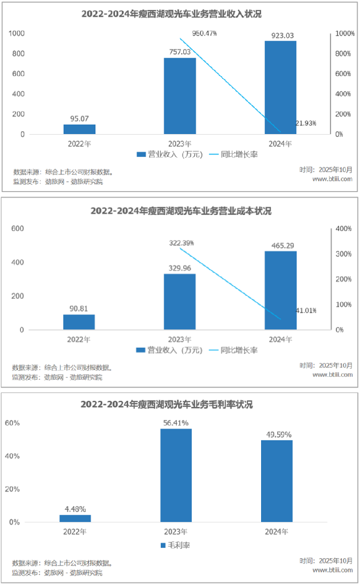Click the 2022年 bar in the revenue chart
click(x=79, y=129)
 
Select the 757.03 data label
click(x=180, y=52)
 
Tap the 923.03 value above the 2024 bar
click(x=280, y=35)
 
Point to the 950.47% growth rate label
click(x=205, y=33)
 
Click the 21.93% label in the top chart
click(x=305, y=123)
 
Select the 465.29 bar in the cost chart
click(x=280, y=290)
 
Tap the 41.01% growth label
click(x=305, y=311)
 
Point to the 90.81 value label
click(x=79, y=308)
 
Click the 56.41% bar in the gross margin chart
click(x=176, y=475)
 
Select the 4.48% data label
click(x=75, y=508)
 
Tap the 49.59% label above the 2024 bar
click(x=277, y=434)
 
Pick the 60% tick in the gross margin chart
click(x=12, y=423)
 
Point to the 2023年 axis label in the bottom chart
click(x=176, y=531)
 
